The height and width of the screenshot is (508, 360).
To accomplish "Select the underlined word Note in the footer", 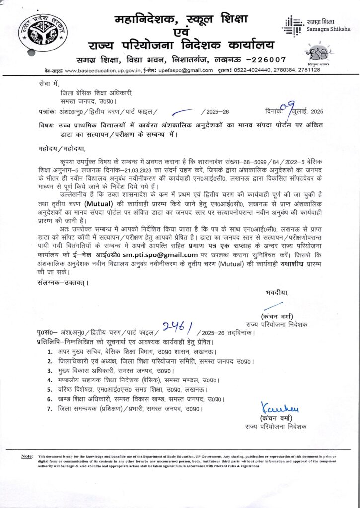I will point(27,456).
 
